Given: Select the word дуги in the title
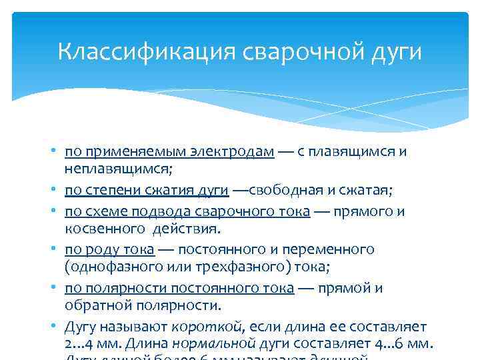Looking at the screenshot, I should [x=395, y=52].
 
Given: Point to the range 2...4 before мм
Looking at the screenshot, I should [x=81, y=344].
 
